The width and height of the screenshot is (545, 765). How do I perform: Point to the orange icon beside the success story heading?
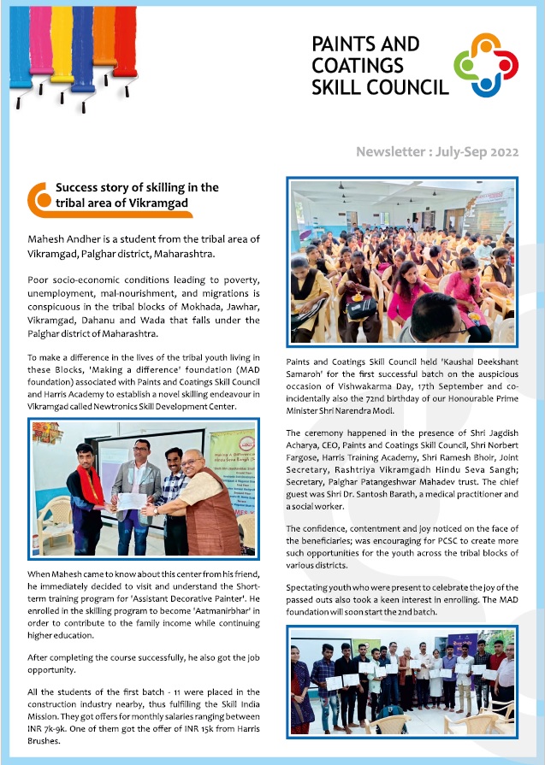39,198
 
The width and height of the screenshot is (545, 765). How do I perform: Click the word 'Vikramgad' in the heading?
160,203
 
